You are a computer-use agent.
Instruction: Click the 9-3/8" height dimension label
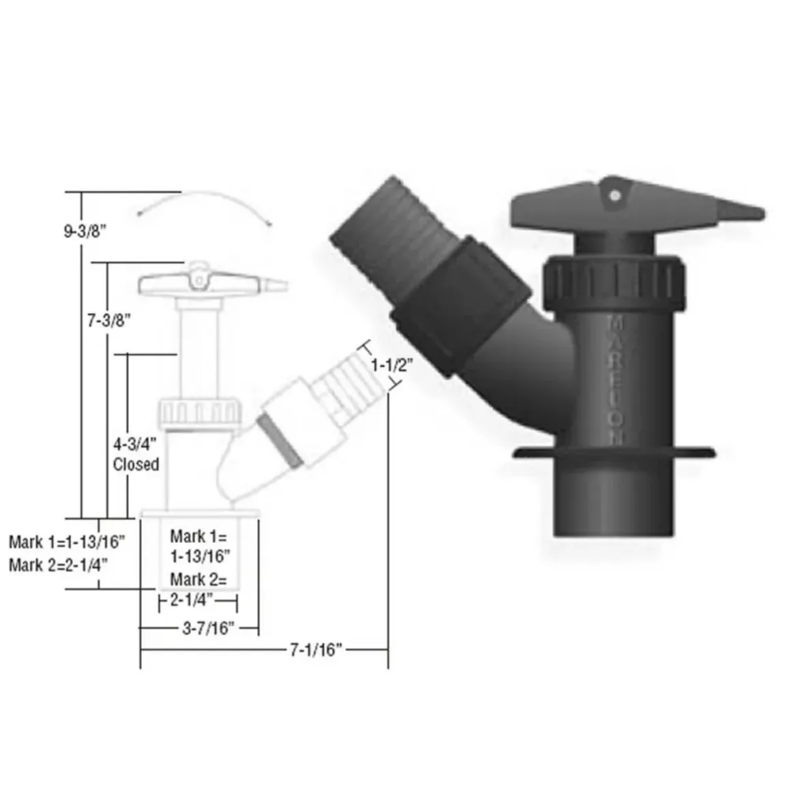coord(85,231)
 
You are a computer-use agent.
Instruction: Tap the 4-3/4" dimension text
coord(134,444)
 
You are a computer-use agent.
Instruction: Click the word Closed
coord(136,464)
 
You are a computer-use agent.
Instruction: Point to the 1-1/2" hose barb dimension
coord(391,365)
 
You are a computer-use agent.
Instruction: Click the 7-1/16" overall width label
coord(315,649)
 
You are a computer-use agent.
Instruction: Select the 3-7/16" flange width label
coord(207,628)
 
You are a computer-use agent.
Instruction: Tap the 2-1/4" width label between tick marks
coord(192,600)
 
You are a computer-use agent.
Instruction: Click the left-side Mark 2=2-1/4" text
coord(58,565)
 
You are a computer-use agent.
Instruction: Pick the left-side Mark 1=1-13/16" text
coord(67,542)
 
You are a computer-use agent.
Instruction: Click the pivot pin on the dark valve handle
coord(615,196)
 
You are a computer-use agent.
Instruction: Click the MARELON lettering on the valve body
coord(615,379)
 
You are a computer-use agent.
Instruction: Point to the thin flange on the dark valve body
coord(614,452)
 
